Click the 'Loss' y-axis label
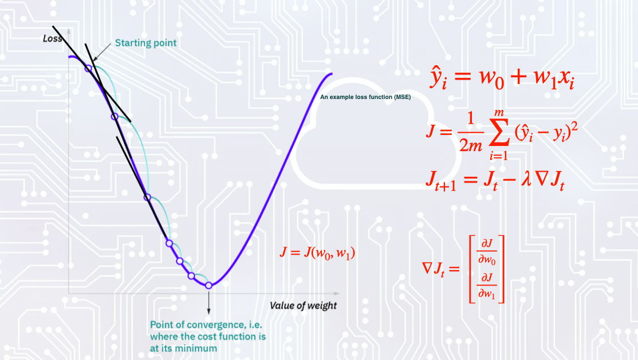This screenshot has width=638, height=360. (53, 39)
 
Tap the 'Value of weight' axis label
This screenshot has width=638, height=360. (303, 305)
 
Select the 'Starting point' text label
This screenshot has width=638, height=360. (145, 43)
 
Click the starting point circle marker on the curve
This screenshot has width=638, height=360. (88, 68)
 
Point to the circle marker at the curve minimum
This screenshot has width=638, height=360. (208, 285)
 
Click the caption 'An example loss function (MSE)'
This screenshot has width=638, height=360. (365, 98)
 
